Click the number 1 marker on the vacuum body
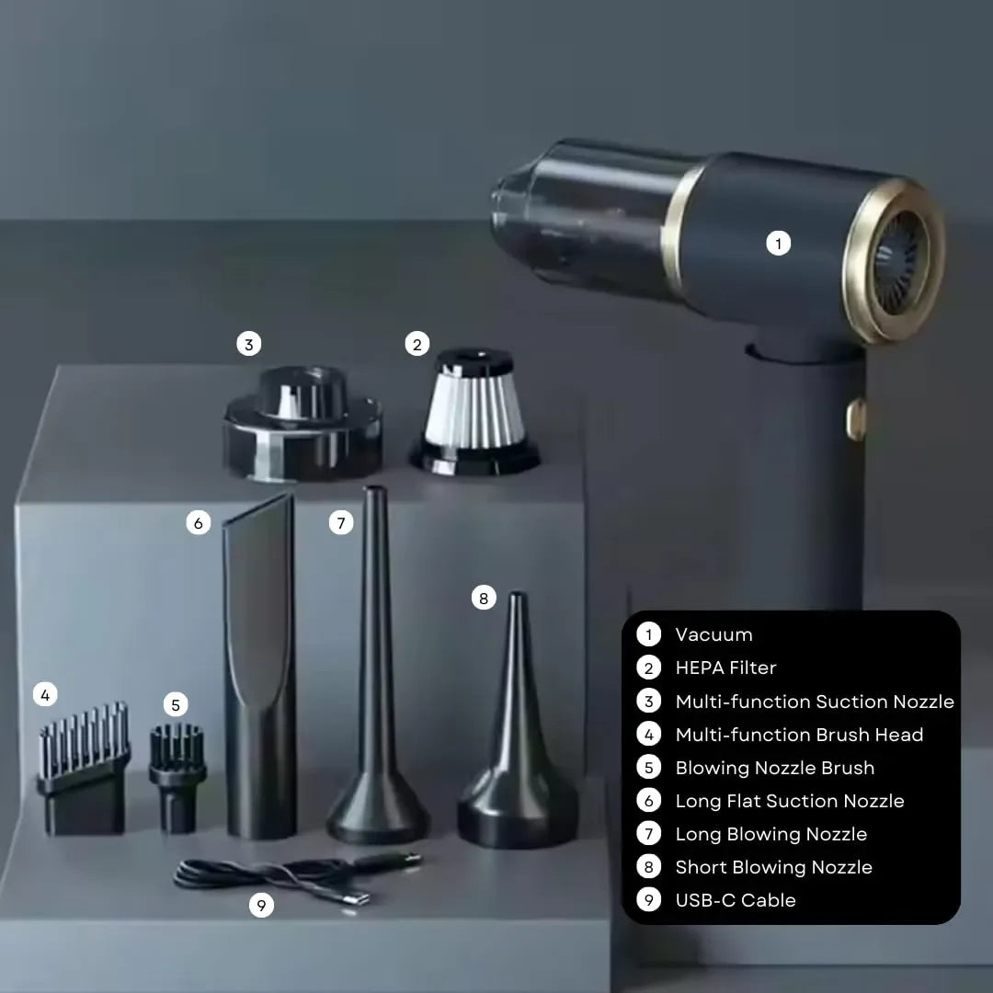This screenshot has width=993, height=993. click(779, 243)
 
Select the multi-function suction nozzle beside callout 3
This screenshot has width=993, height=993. click(302, 422)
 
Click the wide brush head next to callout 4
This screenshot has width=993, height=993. click(85, 768)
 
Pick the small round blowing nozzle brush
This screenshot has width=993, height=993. click(177, 779)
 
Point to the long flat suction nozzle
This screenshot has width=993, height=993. click(259, 667)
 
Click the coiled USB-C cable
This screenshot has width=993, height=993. click(298, 878)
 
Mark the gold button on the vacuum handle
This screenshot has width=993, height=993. click(856, 419)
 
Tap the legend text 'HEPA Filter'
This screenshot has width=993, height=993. click(725, 668)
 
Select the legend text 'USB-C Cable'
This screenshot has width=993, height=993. click(736, 900)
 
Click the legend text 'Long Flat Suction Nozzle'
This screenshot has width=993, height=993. click(790, 801)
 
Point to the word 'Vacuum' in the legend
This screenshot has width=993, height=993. click(713, 634)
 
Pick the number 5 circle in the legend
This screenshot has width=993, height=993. click(648, 768)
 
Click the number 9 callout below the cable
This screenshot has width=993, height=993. click(261, 905)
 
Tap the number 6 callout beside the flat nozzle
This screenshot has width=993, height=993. click(199, 523)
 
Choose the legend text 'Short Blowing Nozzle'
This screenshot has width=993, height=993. click(774, 867)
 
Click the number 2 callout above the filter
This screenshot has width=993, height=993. click(417, 344)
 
